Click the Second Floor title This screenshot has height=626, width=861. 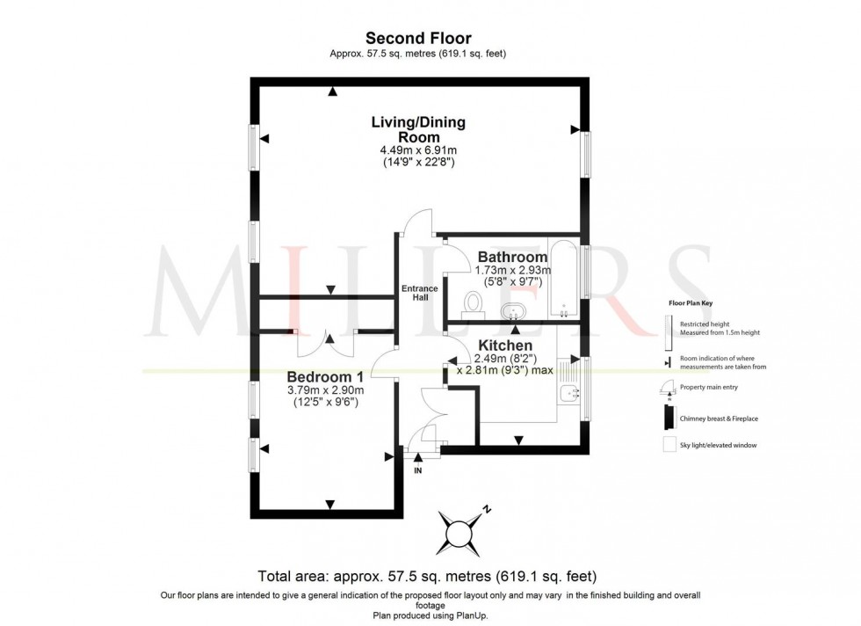pos(418,38)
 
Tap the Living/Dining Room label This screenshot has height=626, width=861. pos(418,129)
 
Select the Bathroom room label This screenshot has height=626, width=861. pos(512,257)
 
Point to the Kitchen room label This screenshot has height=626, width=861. pos(506,346)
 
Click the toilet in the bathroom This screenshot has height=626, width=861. pos(474,304)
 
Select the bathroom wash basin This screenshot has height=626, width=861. pos(514,310)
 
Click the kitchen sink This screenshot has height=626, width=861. pos(570,397)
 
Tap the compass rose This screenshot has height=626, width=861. pos(459,532)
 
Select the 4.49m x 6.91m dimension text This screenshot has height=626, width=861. pos(418,150)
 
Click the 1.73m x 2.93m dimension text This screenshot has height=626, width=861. pos(512,271)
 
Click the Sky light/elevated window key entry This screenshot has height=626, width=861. pos(718,445)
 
